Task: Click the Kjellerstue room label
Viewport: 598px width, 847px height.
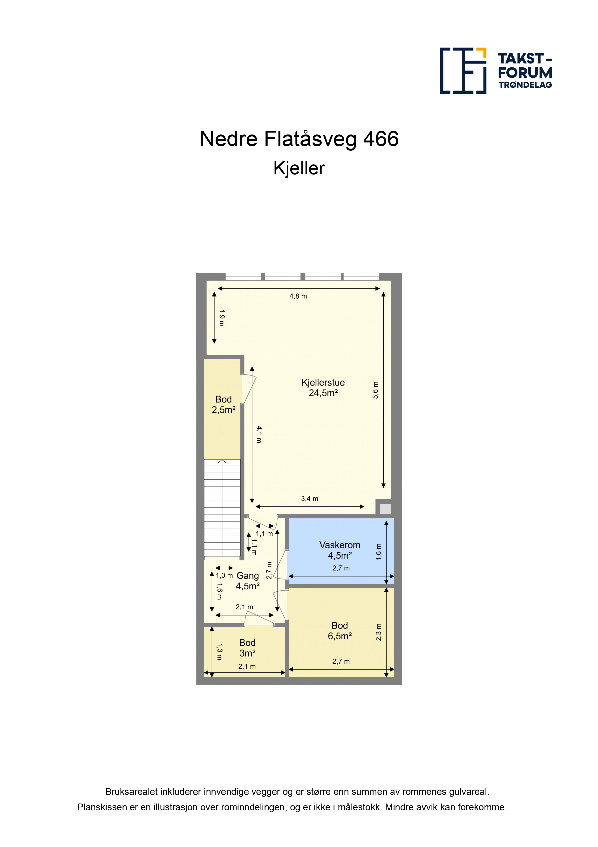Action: (323, 388)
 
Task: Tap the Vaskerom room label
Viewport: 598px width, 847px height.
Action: (340, 550)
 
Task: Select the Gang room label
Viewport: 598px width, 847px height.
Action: (248, 581)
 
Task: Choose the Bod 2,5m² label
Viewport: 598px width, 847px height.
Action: (224, 404)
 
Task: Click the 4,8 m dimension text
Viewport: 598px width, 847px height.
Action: (298, 296)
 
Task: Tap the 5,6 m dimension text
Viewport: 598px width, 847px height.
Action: (375, 390)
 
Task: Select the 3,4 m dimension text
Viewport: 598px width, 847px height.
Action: (310, 499)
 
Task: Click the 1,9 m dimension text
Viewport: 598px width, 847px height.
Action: (221, 318)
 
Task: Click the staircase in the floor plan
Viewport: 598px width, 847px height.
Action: (222, 508)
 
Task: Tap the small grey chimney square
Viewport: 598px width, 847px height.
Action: (385, 509)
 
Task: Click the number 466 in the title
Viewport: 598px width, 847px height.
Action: (381, 139)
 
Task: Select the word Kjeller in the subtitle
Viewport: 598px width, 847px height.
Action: (299, 168)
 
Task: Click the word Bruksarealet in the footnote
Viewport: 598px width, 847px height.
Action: (132, 792)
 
